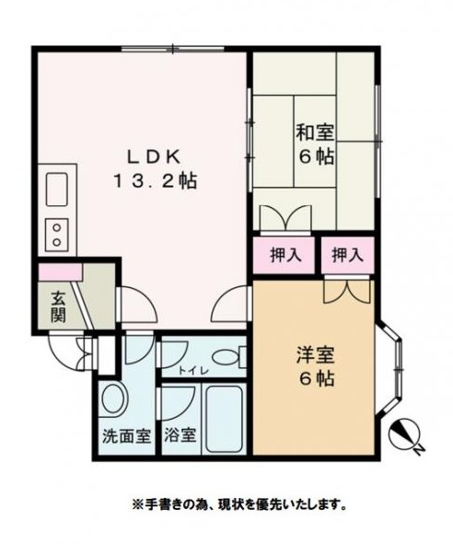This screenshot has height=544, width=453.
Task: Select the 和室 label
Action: point(314,132)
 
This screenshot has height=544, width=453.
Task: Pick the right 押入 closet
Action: point(347,255)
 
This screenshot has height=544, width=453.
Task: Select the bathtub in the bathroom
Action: point(222,419)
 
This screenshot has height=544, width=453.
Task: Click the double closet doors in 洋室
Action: point(347,290)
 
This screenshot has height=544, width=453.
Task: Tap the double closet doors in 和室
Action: point(282,220)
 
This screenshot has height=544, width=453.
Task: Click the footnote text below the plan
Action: point(238,503)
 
